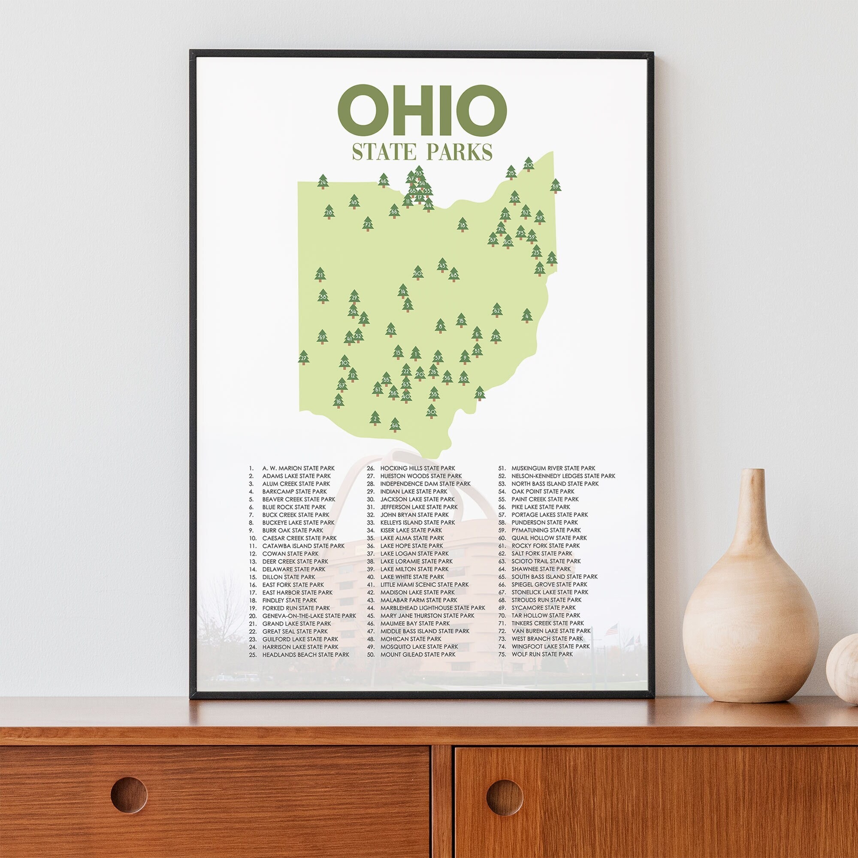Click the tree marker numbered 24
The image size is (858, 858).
pos(323,181)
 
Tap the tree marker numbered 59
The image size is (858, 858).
pos(555,186)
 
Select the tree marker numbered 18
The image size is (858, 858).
pos(462,225)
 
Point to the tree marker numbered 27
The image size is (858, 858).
pos(304,357)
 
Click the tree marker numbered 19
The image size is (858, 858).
pos(479,393)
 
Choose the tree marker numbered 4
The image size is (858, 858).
pos(527,316)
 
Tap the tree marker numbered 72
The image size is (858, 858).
pos(367,225)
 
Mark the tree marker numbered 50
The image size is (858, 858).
pos(417,273)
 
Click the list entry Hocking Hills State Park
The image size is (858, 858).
pos(417,468)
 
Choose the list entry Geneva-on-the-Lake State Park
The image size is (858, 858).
pos(308,616)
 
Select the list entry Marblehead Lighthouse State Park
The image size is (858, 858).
pos(432,608)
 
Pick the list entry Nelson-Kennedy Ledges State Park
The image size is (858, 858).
pos(563,476)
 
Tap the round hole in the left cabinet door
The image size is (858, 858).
pos(129,794)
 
